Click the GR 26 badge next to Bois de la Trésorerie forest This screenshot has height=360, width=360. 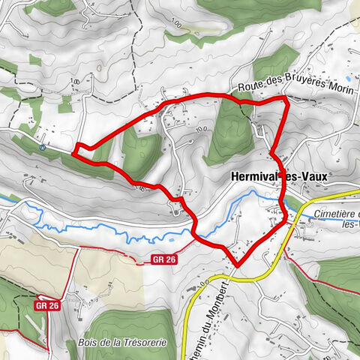click(47, 305)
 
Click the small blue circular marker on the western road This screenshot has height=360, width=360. click(43, 148)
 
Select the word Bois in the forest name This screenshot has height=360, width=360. click(85, 343)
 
